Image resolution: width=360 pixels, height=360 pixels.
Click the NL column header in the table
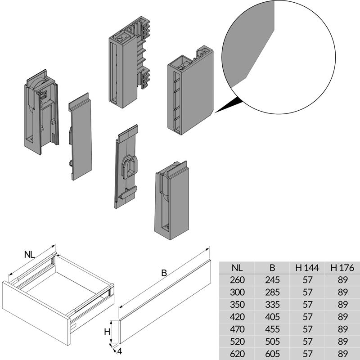click(237, 267)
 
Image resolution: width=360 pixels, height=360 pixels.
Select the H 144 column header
click(307, 267)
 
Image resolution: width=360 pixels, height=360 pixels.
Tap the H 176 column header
click(342, 267)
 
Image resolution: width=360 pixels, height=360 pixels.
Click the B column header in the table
click(272, 267)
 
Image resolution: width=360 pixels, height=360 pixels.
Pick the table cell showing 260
click(237, 279)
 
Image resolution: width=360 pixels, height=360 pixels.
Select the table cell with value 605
click(272, 354)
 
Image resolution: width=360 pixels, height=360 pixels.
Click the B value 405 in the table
click(272, 317)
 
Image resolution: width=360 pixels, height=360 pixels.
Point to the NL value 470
click(237, 329)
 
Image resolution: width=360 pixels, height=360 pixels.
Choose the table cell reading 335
click(272, 304)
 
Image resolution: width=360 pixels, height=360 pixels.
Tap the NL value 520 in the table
click(237, 342)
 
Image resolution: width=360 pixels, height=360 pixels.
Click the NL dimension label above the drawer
click(30, 255)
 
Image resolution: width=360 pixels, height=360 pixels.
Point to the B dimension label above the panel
click(164, 273)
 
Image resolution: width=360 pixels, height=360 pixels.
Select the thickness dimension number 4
click(120, 351)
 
